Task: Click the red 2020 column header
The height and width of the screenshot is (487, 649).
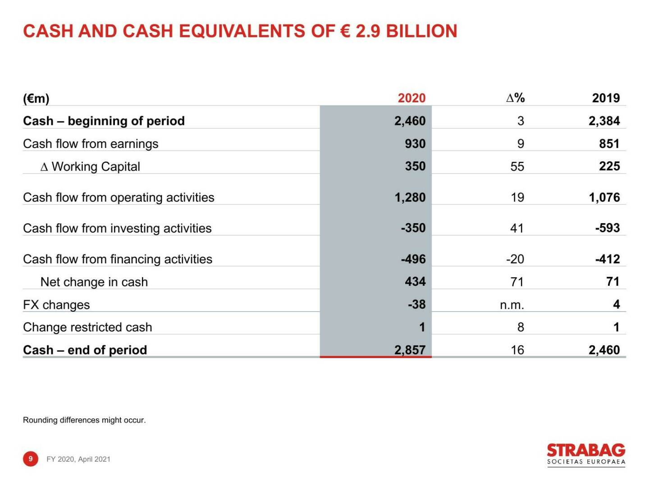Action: [411, 98]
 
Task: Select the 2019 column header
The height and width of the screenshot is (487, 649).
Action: [605, 98]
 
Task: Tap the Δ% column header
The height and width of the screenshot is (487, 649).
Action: [515, 98]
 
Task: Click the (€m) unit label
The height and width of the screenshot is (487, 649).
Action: [36, 98]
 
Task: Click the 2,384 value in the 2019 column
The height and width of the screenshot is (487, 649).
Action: [604, 121]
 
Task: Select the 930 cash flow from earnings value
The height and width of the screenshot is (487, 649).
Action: [415, 143]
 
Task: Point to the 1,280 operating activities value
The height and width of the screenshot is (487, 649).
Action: [410, 197]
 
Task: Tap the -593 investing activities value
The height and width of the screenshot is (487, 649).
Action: [607, 228]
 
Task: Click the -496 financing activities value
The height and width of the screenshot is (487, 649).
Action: [413, 259]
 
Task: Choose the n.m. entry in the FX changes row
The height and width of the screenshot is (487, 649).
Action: [512, 305]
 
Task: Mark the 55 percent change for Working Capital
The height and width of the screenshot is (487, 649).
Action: [517, 166]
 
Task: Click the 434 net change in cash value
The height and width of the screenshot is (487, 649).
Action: [415, 281]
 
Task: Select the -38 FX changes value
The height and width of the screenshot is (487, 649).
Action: [416, 304]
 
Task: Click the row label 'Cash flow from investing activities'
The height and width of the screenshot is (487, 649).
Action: [117, 228]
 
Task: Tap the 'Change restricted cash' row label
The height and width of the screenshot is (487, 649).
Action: [87, 327]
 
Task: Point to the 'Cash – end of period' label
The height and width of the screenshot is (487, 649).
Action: [85, 350]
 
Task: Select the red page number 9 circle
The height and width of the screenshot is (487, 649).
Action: [31, 459]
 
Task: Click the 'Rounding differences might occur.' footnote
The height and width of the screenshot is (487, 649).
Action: [84, 420]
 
